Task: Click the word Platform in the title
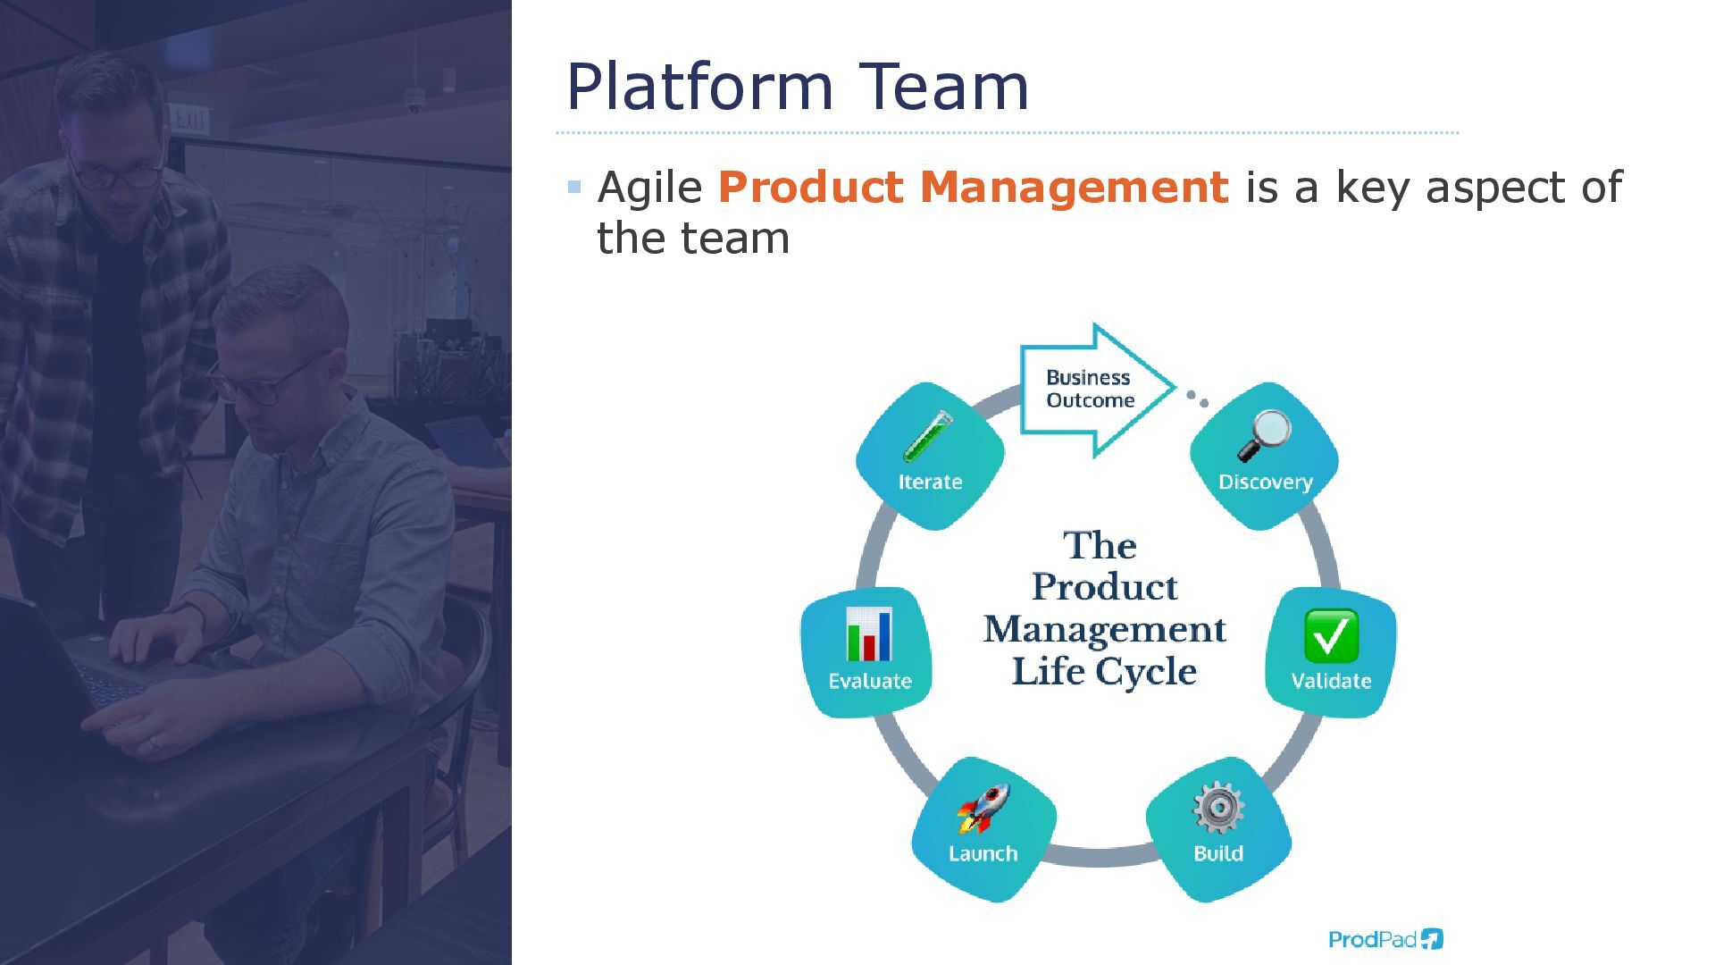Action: [x=699, y=88]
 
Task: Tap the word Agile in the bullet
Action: [x=649, y=188]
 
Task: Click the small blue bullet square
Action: [x=574, y=188]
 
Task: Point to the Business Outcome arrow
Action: [x=1095, y=390]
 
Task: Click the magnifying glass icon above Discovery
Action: [x=1265, y=435]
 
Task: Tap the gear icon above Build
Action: [x=1218, y=809]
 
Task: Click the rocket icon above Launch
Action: [x=983, y=809]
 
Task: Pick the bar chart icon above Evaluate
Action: [x=869, y=634]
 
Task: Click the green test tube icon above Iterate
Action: [x=928, y=436]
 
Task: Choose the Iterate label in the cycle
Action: [x=930, y=482]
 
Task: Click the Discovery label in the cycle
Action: [x=1265, y=482]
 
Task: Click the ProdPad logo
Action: [x=1385, y=939]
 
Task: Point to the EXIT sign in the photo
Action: [x=190, y=120]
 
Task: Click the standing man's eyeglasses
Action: [x=116, y=174]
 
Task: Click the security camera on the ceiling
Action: [x=414, y=103]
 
